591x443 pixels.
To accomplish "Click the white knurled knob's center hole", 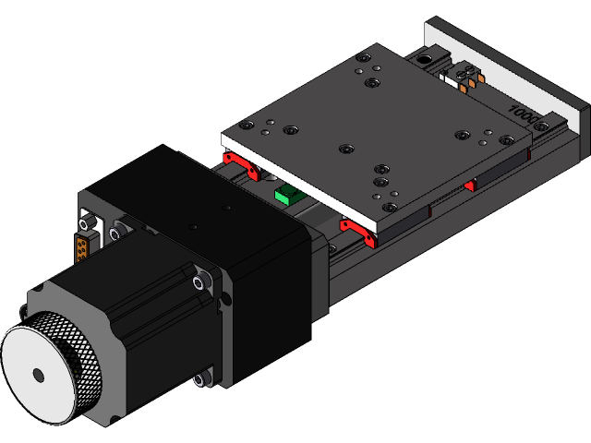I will [x=37, y=375].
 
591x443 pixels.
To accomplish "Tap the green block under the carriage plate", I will [x=287, y=194].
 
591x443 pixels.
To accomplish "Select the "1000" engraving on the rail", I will [x=523, y=114].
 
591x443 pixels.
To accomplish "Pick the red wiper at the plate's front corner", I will [x=359, y=233].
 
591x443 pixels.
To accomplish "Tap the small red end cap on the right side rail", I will [x=469, y=186].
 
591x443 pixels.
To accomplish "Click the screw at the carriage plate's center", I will [x=346, y=149].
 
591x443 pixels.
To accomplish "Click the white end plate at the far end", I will [x=517, y=66].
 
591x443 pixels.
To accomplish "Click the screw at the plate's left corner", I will [x=245, y=126].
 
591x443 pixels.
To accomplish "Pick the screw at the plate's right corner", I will [x=505, y=140].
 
